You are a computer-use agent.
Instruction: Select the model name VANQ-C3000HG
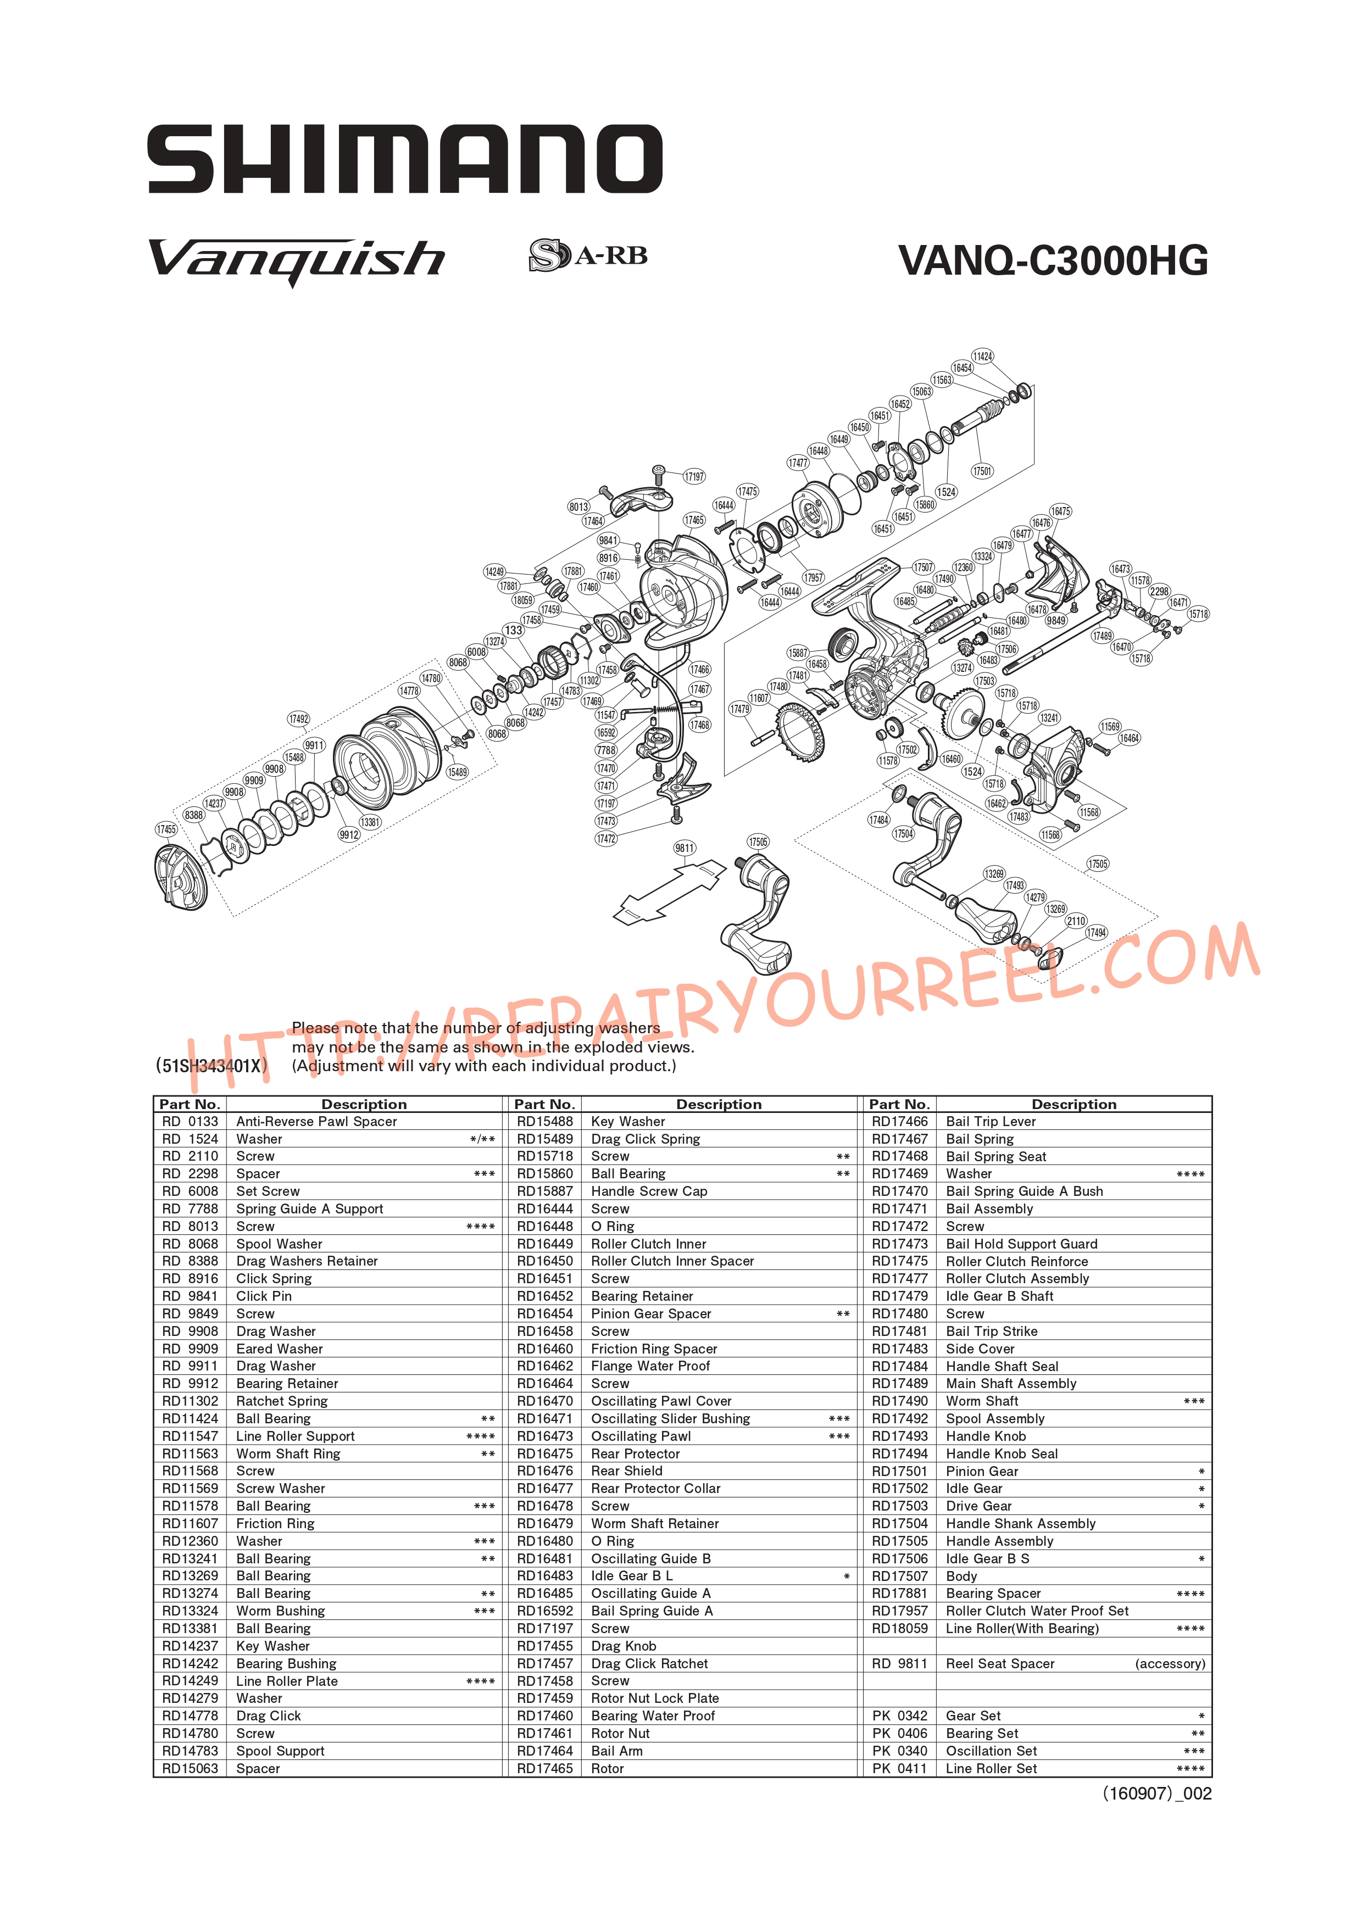1053,260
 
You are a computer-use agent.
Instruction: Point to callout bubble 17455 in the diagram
166,829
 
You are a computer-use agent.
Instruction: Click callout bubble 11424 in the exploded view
983,356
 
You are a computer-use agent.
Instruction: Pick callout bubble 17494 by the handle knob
1096,932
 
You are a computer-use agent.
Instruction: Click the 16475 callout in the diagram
1061,511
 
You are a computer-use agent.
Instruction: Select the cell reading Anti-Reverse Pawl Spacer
316,1121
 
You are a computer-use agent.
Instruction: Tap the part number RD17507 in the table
900,1576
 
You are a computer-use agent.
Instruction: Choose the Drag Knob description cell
624,1646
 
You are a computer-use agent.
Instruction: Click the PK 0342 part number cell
900,1716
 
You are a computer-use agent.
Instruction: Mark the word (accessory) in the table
1170,1663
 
